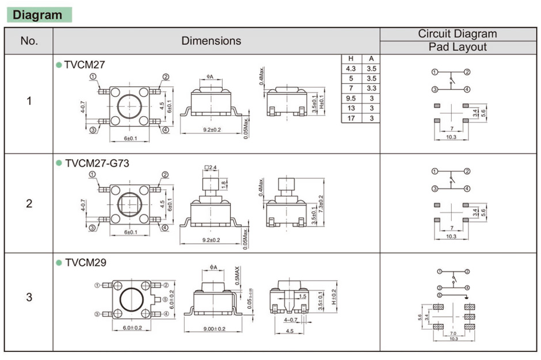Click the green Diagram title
click(38, 14)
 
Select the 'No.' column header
click(29, 41)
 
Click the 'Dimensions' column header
click(211, 41)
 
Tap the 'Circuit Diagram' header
click(457, 34)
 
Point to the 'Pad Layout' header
click(458, 47)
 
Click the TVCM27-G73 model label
click(97, 163)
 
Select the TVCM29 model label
click(85, 263)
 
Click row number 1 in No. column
click(29, 101)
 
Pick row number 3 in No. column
click(29, 297)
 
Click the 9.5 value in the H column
click(350, 98)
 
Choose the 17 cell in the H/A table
click(350, 118)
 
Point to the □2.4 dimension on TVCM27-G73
click(210, 168)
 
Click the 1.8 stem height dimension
click(224, 185)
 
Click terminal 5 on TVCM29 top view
click(165, 299)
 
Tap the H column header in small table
click(350, 58)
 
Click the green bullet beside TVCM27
click(58, 65)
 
